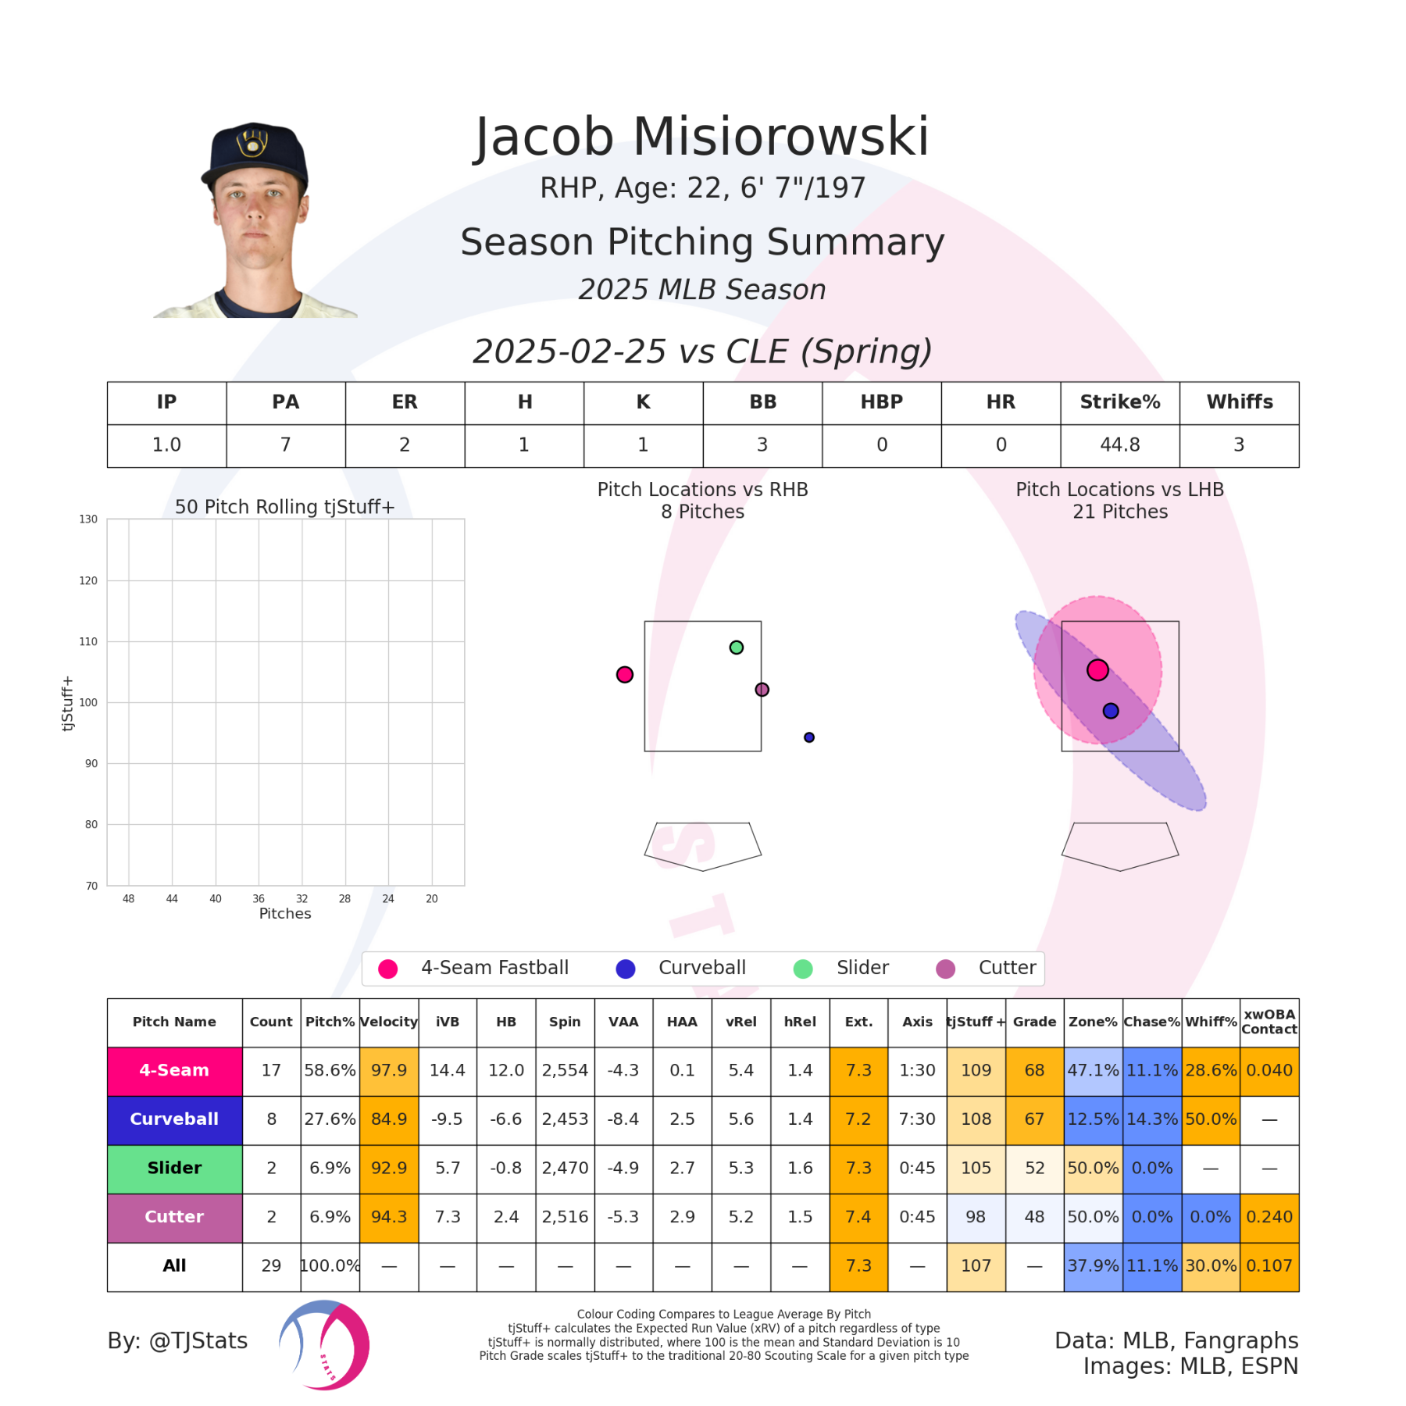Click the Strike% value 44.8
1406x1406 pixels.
(1119, 445)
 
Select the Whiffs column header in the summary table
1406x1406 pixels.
(1239, 402)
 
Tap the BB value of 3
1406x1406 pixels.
(762, 445)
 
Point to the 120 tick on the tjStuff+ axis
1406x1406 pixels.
(88, 580)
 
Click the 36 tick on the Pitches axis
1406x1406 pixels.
(259, 899)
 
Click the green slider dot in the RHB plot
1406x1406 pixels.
(736, 648)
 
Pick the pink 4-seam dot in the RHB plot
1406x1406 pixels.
(624, 674)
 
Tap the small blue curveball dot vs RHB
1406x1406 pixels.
(809, 737)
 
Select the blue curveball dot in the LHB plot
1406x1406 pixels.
(1110, 711)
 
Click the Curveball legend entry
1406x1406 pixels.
(681, 969)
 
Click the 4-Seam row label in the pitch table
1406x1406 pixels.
(174, 1071)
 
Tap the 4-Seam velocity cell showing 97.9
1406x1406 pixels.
(389, 1071)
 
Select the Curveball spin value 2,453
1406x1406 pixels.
(565, 1119)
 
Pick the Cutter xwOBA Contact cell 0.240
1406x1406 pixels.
(1269, 1217)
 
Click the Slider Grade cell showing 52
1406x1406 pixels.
(1034, 1169)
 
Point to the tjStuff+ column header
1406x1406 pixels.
(976, 1022)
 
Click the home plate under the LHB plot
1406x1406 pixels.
(1119, 845)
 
